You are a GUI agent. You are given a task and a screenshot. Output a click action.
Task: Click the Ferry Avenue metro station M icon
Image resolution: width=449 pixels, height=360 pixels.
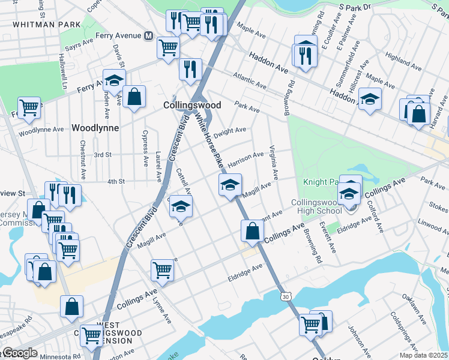click(x=148, y=35)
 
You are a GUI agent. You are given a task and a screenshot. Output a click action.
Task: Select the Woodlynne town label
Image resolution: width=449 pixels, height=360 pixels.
click(x=95, y=128)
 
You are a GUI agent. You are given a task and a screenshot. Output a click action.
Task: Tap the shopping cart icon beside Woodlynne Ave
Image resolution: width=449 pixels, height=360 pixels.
click(x=29, y=108)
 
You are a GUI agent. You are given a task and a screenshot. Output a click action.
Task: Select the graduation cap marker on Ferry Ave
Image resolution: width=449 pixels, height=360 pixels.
click(x=113, y=80)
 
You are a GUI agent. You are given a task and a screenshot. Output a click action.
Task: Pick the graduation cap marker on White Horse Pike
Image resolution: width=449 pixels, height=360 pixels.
click(x=229, y=185)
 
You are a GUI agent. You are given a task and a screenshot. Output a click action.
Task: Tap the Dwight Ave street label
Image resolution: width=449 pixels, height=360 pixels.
click(x=231, y=130)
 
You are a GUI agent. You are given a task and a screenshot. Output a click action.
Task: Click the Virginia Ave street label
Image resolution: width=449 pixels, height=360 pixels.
click(x=274, y=163)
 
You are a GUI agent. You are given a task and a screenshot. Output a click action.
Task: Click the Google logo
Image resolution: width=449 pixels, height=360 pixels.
click(x=20, y=353)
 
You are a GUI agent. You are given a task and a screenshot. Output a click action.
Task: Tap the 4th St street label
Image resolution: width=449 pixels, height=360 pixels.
click(x=115, y=181)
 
